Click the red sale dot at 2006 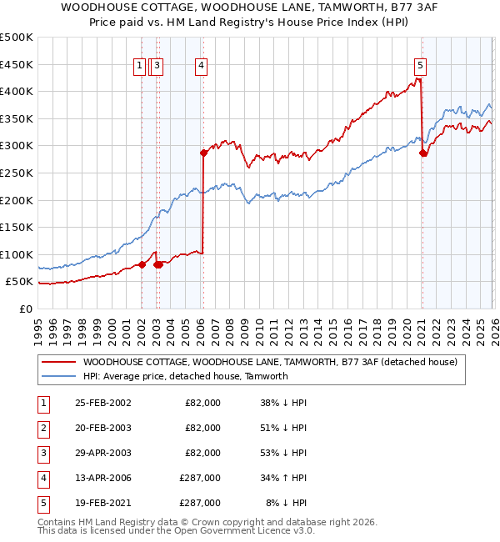click(203, 153)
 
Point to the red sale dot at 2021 click(423, 153)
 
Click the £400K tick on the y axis click(17, 92)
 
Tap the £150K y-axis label click(17, 227)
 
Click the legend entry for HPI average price click(185, 377)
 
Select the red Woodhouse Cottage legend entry click(269, 363)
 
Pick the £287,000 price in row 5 click(200, 503)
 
